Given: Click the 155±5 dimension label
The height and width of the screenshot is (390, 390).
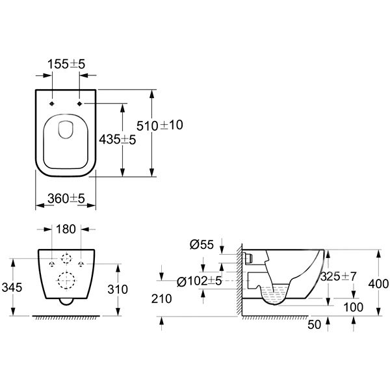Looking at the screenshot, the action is point(66,64).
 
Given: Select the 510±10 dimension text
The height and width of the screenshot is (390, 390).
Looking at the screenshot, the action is point(160,125).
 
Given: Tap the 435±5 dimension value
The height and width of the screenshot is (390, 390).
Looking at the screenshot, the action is point(118,139).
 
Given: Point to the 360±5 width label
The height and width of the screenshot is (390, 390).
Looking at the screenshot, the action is point(66,198).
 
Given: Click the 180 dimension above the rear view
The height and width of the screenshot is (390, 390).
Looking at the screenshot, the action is point(66,229).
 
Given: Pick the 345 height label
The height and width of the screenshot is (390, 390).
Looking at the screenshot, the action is point(12,287).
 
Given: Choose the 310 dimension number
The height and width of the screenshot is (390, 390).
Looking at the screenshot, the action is point(118,289).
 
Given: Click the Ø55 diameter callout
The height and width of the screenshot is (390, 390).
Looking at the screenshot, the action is point(201,244).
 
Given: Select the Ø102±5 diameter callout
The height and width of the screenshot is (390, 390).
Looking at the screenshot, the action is point(199,281).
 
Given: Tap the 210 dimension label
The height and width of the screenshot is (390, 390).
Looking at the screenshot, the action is point(162,299).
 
